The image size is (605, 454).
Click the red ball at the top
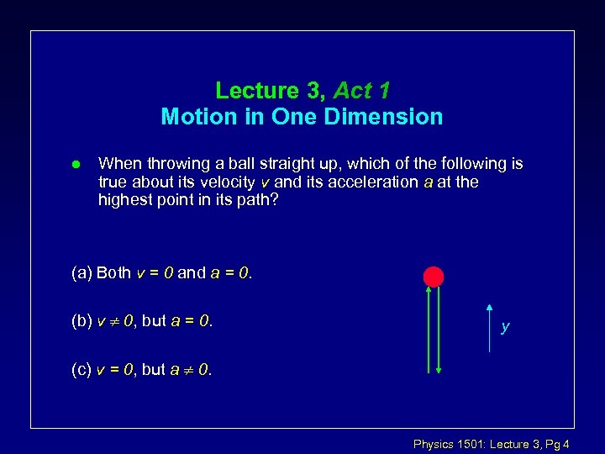click(x=433, y=276)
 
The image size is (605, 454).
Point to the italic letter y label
click(x=504, y=327)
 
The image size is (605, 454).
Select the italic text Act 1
click(x=361, y=90)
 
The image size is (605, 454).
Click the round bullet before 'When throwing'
click(x=75, y=164)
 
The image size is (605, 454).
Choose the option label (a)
click(x=82, y=272)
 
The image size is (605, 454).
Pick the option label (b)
click(x=82, y=320)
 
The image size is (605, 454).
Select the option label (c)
click(x=82, y=369)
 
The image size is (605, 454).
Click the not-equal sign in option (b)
click(x=113, y=321)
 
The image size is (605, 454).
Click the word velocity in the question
click(x=229, y=182)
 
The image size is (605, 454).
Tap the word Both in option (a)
click(x=113, y=272)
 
